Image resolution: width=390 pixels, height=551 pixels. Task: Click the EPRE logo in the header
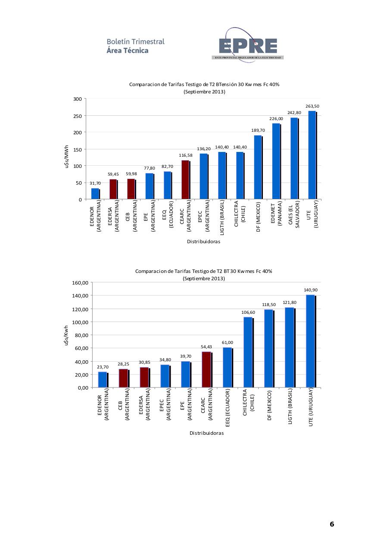click(247, 46)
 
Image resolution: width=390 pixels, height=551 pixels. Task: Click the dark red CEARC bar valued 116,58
click(186, 180)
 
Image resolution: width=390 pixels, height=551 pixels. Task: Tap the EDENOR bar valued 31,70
click(95, 193)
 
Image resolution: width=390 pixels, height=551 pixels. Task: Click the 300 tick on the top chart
click(77, 99)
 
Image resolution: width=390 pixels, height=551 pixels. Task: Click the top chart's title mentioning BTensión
click(204, 84)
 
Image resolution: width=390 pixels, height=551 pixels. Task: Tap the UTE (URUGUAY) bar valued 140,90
click(311, 341)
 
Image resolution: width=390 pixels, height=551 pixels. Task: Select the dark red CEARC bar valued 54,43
click(207, 369)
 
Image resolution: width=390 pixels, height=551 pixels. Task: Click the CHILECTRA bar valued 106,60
click(248, 352)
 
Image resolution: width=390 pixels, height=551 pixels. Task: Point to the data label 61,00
click(228, 342)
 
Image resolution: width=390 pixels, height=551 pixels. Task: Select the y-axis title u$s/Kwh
click(66, 335)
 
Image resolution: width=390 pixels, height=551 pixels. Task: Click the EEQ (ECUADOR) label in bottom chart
click(228, 408)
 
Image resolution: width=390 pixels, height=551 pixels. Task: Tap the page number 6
click(332, 524)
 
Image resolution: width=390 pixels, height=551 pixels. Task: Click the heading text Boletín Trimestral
click(136, 42)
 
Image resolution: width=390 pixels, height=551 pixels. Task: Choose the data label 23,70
click(103, 367)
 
